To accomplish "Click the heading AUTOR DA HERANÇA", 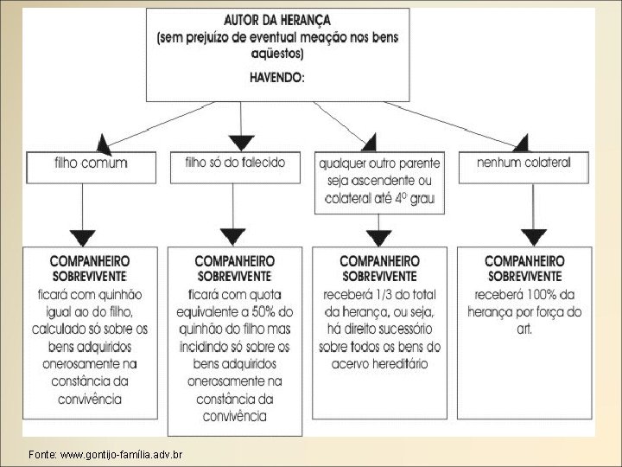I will (276, 19).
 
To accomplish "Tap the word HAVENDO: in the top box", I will (276, 77).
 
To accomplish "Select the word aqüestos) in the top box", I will (276, 53).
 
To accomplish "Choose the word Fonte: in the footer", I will (42, 454).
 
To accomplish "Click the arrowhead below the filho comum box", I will (83, 234).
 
